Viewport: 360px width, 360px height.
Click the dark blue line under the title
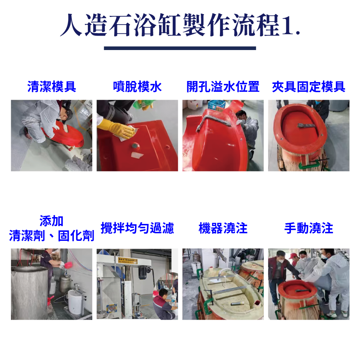tap(180, 48)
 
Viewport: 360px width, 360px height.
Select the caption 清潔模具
tap(51, 86)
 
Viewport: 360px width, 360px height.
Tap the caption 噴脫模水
tap(137, 86)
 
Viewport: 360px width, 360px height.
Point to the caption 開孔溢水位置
tap(223, 86)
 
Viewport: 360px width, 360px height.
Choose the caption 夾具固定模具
tap(309, 86)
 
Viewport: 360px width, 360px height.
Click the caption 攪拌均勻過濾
tap(137, 228)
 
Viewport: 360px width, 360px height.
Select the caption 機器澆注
tap(223, 228)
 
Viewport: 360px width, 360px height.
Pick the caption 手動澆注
tap(309, 228)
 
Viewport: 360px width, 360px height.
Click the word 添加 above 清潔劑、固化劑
tap(51, 221)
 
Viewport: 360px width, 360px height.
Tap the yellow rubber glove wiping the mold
tap(116, 129)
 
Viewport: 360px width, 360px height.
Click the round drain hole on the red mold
tap(135, 146)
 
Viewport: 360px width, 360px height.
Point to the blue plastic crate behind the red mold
tap(216, 104)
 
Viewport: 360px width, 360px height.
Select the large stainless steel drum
tap(30, 292)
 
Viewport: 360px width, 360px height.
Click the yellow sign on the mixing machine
tap(128, 260)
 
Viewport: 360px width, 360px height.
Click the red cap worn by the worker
tap(293, 256)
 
